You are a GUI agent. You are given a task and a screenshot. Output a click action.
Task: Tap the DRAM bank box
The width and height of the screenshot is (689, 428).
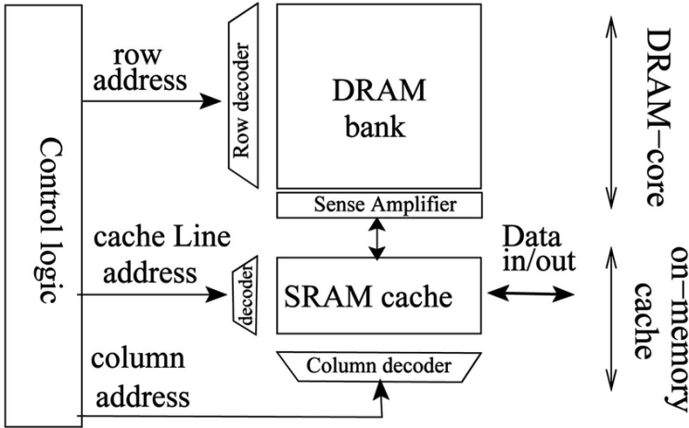coord(378,96)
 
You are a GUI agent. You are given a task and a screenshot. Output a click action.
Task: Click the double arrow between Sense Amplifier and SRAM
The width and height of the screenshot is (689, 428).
coord(375,238)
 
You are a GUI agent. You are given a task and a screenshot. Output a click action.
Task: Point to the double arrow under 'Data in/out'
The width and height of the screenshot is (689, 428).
coord(532,296)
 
